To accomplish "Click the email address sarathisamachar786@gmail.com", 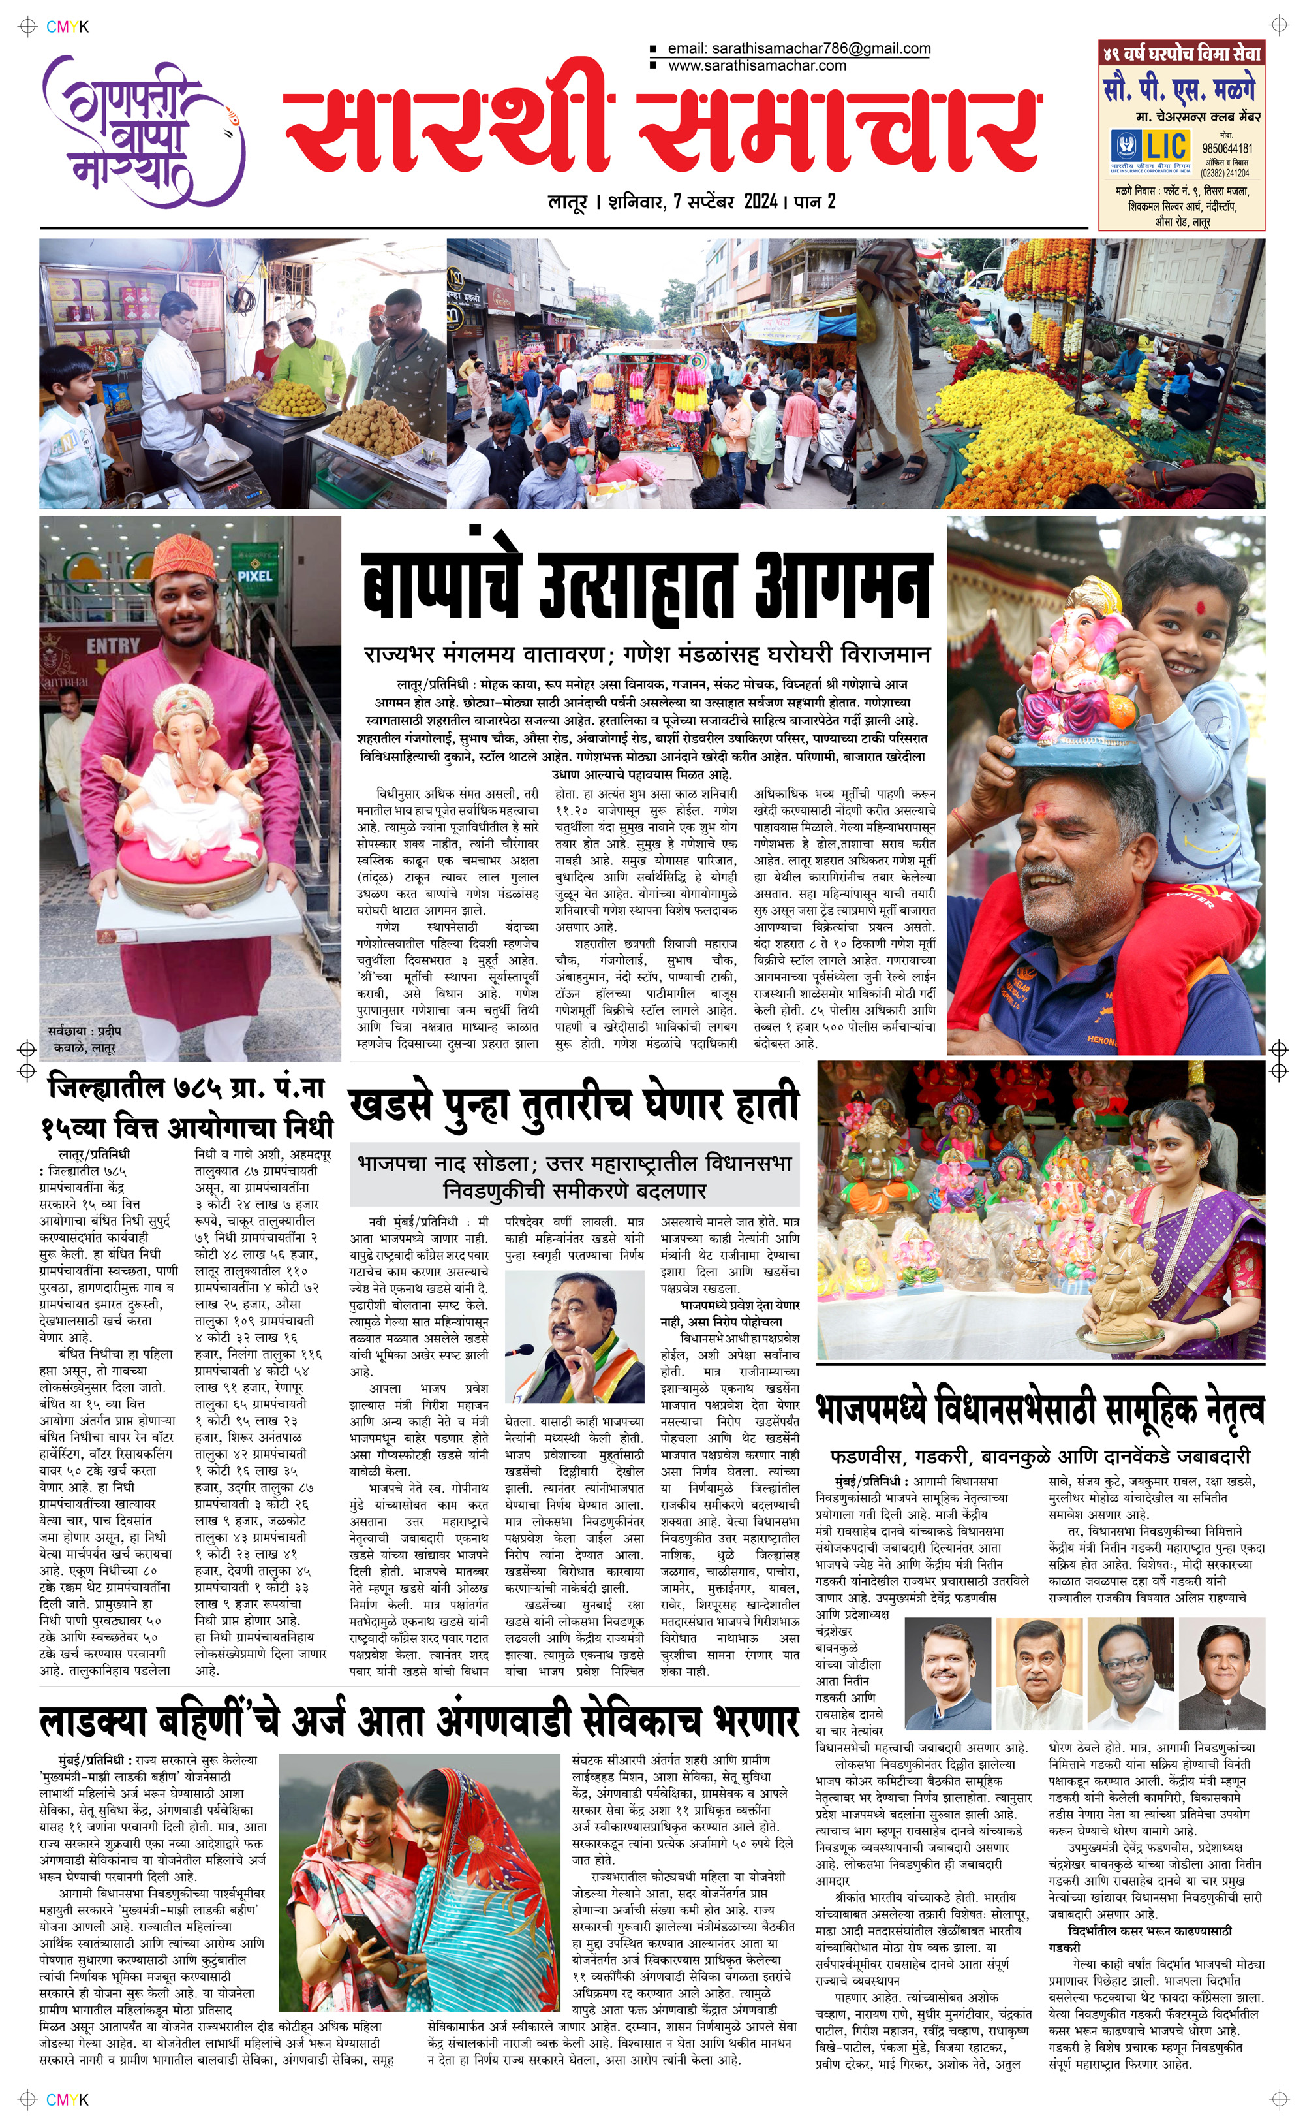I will pos(799,48).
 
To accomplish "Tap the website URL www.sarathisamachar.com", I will pos(756,65).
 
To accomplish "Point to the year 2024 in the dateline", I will pos(760,202).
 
